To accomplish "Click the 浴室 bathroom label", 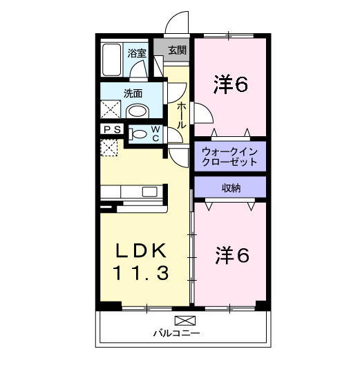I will coord(136,53).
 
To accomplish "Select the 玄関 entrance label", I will coord(177,50).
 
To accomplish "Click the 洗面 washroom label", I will coord(133,93).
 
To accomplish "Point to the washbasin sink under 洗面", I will coord(138,111).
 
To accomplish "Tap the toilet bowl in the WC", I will coord(139,134).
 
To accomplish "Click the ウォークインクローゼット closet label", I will coord(229,156).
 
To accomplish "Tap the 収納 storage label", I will coord(230,187).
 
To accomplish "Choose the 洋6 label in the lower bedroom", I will coord(230,255).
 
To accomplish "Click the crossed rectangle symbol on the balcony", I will coord(184,320).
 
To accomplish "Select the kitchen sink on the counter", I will coord(149,192).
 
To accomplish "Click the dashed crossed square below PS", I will coord(110,148).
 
